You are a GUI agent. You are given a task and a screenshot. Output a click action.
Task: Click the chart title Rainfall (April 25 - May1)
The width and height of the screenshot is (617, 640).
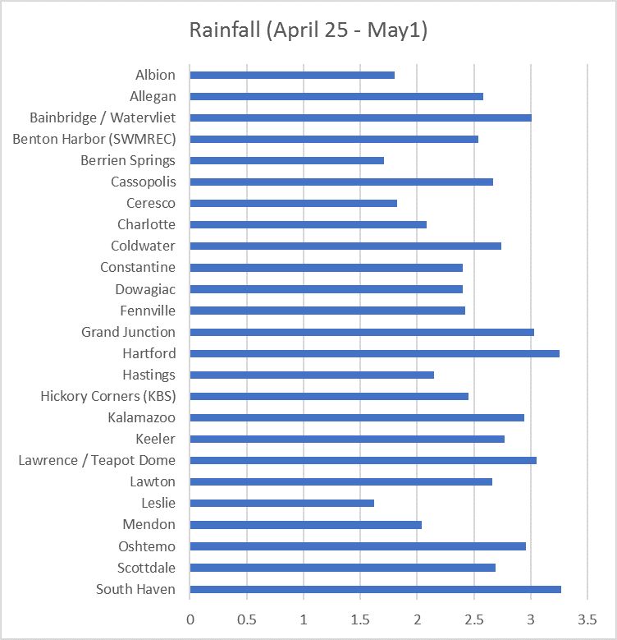coord(308,30)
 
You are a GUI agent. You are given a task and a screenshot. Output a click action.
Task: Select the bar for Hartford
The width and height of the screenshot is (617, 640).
coord(374,353)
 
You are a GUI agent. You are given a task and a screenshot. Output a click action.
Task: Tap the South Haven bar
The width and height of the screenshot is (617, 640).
coord(375,589)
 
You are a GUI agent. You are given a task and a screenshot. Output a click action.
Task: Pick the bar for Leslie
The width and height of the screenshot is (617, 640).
coord(281,503)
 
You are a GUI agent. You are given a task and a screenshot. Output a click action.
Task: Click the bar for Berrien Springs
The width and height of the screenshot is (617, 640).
coord(286,160)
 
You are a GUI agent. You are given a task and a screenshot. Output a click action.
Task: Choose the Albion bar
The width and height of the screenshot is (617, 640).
coord(292,75)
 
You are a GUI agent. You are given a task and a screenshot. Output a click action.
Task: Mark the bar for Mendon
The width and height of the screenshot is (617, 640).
coord(305,524)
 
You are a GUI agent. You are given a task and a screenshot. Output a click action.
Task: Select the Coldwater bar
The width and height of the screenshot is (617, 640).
coord(345,246)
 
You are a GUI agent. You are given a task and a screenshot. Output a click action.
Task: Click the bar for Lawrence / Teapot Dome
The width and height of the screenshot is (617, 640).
coord(363,460)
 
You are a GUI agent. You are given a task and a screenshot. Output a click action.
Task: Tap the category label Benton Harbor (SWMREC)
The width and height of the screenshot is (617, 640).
coord(94,139)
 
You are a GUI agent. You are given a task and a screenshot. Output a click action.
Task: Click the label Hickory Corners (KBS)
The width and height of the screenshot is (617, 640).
coord(107,396)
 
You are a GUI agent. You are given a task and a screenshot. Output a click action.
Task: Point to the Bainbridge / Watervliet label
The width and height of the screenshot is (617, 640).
coord(103,117)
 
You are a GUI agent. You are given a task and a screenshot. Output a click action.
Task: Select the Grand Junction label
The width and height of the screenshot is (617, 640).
coord(128,332)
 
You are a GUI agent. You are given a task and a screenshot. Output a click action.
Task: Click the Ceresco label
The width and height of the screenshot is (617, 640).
coord(150,203)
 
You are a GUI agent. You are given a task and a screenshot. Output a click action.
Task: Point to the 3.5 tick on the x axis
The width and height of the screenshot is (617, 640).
coord(587,617)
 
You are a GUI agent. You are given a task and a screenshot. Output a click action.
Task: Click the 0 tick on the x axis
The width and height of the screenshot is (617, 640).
coord(190,617)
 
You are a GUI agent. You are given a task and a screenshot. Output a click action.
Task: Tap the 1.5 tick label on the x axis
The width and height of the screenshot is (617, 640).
coord(360,617)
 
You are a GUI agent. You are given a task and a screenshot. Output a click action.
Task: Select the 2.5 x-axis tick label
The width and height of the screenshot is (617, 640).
coord(473,617)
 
